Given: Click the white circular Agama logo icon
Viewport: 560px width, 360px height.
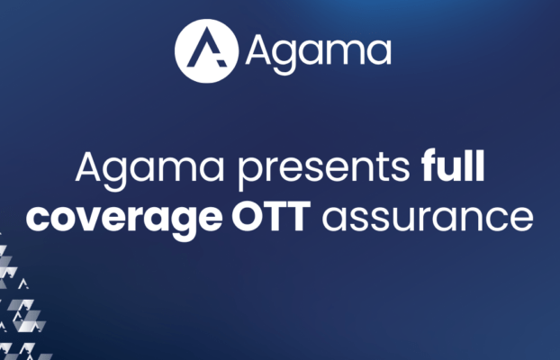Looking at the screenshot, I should click(x=205, y=51).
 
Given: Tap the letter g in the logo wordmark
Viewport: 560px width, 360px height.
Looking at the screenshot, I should click(x=288, y=56).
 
